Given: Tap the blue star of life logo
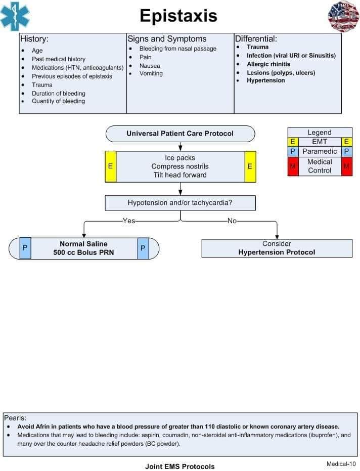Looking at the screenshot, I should click(x=15, y=17).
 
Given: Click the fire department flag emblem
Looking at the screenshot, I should click(x=343, y=16).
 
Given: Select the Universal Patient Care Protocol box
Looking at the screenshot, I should click(x=180, y=134).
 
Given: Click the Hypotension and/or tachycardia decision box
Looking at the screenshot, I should click(x=180, y=203).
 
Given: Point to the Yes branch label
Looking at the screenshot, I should click(x=129, y=221).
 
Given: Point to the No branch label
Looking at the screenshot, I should click(x=232, y=221).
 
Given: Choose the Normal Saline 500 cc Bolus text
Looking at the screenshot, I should click(x=83, y=248).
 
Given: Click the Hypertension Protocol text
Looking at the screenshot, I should click(x=277, y=252).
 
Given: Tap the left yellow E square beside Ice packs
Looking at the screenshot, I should click(x=110, y=166).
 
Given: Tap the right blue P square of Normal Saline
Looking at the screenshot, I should click(x=143, y=248).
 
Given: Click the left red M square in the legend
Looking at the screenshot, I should click(x=293, y=166).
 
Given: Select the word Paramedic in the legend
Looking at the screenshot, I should click(x=320, y=151).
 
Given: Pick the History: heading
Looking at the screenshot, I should click(x=34, y=39).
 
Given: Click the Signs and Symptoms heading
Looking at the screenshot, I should click(x=167, y=39).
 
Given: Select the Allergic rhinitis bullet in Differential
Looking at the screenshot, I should click(x=268, y=64).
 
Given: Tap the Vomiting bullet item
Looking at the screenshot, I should click(x=151, y=73).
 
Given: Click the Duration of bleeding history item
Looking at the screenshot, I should click(x=59, y=93).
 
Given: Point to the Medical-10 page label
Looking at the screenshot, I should click(x=341, y=463).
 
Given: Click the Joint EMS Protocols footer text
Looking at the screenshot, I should click(x=179, y=466).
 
